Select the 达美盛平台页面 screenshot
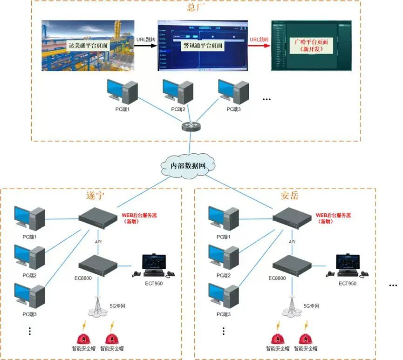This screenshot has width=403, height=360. [x=88, y=45]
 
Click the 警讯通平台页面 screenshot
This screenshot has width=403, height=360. [x=203, y=45]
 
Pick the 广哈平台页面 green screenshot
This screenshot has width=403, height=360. [x=311, y=45]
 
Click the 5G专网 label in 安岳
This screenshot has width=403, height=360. [x=312, y=306]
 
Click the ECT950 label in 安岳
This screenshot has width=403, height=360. [x=347, y=283]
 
